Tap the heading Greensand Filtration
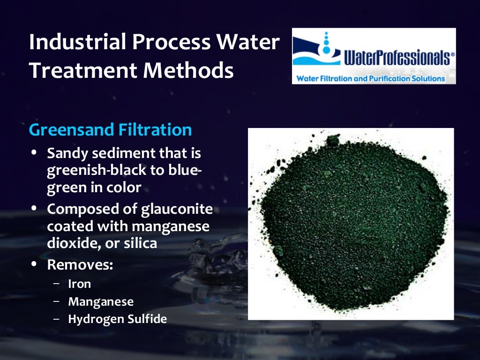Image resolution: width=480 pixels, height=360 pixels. pyautogui.click(x=110, y=129)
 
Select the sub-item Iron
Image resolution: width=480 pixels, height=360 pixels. pyautogui.click(x=80, y=284)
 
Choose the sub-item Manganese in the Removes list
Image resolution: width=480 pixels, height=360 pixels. pyautogui.click(x=101, y=301)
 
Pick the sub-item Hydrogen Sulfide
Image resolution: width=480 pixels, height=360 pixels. pyautogui.click(x=117, y=319)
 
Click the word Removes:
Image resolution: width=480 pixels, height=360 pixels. pyautogui.click(x=80, y=264)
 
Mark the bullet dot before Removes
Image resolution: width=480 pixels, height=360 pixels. pyautogui.click(x=35, y=264)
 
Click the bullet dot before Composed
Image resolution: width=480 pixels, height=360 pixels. pyautogui.click(x=35, y=209)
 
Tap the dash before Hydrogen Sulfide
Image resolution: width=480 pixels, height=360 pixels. pyautogui.click(x=57, y=319)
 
